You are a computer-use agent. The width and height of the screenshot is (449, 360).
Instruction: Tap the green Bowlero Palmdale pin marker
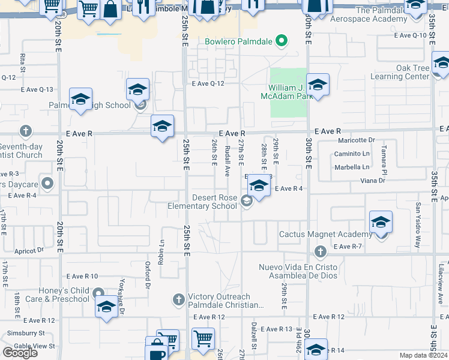[280, 41]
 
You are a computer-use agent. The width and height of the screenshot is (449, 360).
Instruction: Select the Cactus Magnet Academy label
[325, 234]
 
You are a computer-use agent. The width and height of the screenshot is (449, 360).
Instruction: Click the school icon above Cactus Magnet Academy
[381, 223]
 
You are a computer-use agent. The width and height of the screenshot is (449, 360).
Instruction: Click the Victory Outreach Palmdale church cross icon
[178, 299]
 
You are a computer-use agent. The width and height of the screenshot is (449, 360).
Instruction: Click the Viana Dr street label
[372, 180]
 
